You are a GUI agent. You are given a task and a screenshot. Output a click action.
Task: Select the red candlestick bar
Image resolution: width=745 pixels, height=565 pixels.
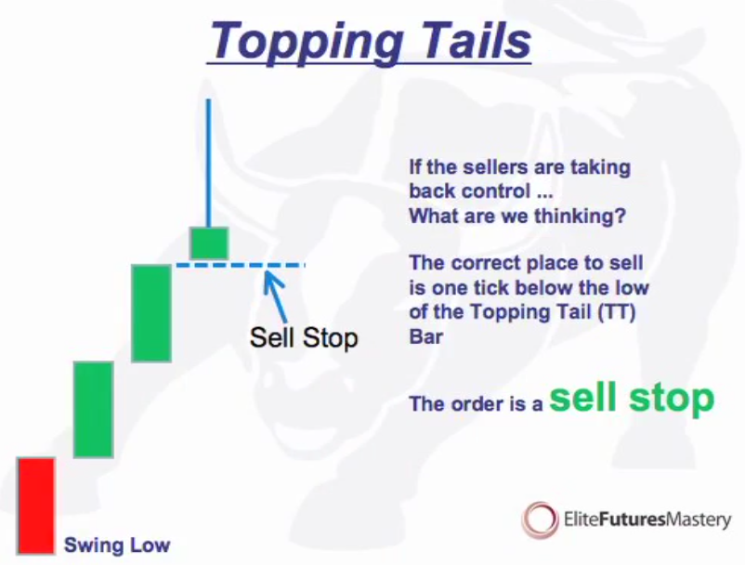click(36, 506)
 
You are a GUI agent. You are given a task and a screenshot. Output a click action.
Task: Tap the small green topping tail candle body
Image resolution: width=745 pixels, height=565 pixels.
click(209, 243)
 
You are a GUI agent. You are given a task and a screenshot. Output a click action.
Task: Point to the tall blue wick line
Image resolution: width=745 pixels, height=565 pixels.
click(208, 163)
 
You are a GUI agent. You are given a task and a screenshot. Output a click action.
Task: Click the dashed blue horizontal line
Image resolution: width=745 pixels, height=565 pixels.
click(240, 265)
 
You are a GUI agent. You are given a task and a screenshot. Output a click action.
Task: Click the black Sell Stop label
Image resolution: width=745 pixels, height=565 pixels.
click(304, 338)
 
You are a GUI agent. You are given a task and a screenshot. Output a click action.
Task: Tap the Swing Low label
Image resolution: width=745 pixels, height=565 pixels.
click(117, 545)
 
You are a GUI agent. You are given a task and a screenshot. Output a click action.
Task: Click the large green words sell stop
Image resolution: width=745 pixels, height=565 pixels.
click(632, 398)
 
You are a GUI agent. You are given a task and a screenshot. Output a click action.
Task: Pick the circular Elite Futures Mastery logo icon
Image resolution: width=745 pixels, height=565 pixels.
click(540, 519)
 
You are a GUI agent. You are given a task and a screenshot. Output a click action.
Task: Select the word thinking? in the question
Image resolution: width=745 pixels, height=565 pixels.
click(581, 216)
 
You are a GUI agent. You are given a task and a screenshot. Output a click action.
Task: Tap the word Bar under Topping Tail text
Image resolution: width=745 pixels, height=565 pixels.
click(426, 336)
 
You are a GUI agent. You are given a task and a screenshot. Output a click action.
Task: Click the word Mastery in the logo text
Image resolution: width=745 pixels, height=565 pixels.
click(699, 519)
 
